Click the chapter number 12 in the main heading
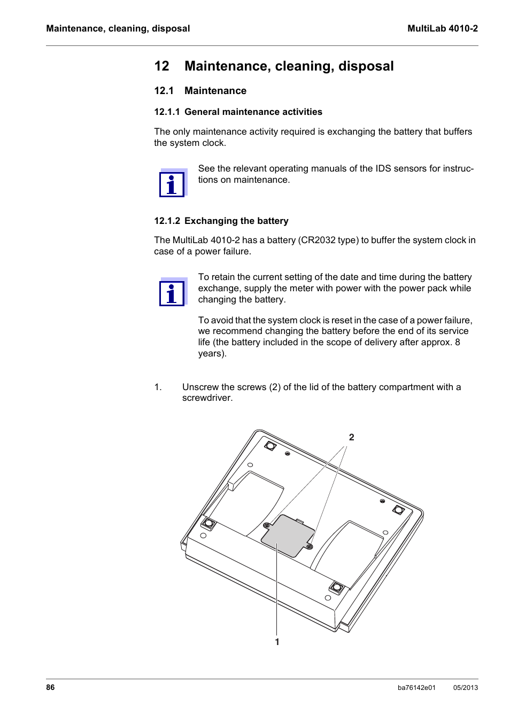[161, 66]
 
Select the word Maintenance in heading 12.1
[215, 91]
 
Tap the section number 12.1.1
[167, 112]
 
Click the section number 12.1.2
[167, 221]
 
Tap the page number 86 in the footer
[50, 687]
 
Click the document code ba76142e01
[416, 688]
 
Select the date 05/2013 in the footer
[465, 688]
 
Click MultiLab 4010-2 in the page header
[442, 29]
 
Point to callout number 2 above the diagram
[351, 437]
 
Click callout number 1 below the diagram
[277, 642]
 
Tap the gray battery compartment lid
[288, 535]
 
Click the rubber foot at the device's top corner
[271, 445]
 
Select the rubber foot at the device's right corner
[398, 510]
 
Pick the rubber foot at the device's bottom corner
[336, 588]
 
